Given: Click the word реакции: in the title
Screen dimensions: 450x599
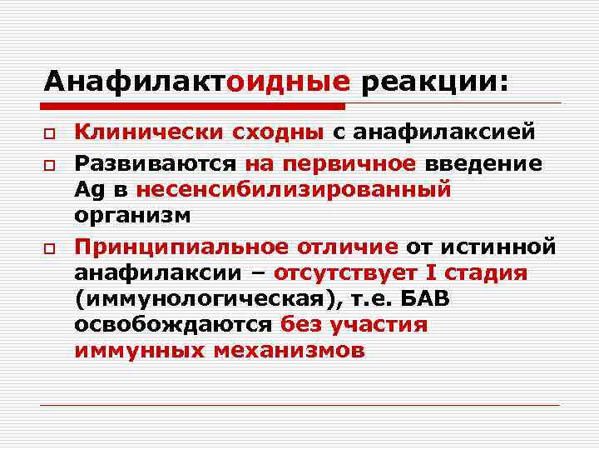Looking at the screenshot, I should click(x=433, y=82).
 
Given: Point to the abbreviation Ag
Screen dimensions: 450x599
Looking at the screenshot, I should click(x=87, y=190).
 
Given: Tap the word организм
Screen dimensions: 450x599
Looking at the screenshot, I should click(x=132, y=217).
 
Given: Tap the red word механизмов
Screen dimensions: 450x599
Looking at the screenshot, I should click(x=289, y=351).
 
